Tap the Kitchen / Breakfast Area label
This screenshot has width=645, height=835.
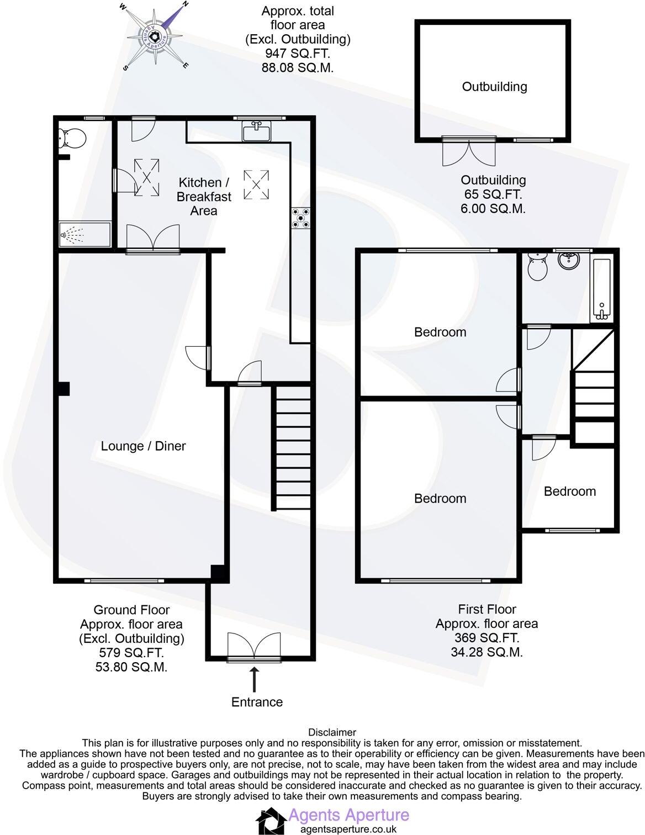point(204,197)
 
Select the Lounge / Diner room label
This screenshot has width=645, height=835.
point(143,446)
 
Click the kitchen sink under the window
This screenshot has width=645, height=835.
point(256,132)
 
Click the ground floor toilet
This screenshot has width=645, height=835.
point(72,139)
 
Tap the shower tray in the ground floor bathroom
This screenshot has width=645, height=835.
point(84,235)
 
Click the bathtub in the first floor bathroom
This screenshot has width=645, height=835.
point(601,289)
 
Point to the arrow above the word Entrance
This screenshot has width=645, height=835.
point(255,679)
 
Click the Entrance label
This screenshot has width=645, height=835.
point(257,702)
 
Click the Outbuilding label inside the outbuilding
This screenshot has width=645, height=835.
point(494,87)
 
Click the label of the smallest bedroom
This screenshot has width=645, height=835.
point(569,492)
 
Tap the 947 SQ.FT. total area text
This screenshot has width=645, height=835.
point(298,54)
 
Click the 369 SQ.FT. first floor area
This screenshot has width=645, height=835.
point(487,638)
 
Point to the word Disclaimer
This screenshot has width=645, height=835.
point(332,732)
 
